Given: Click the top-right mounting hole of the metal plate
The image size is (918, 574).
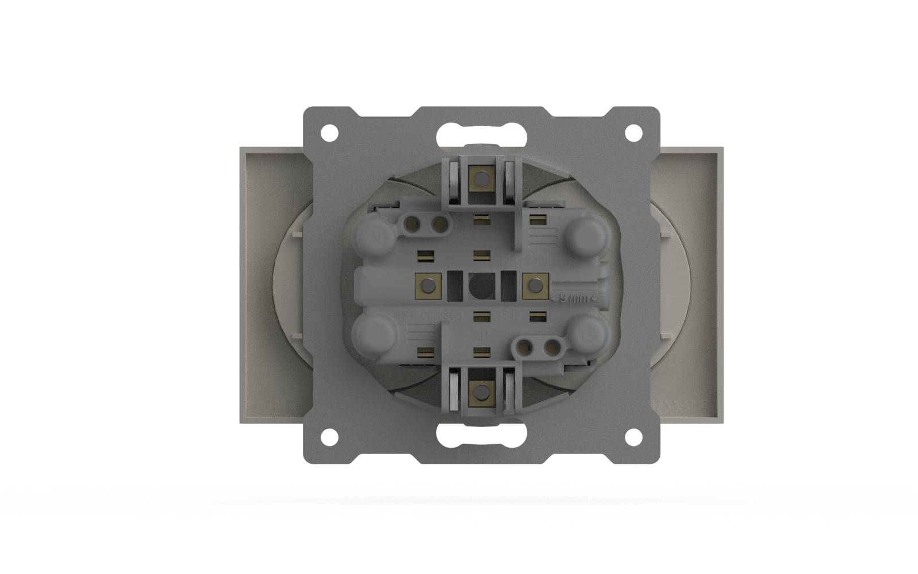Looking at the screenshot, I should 633,133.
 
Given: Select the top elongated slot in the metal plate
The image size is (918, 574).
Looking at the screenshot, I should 481,135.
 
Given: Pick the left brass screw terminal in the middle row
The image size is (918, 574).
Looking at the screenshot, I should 427,285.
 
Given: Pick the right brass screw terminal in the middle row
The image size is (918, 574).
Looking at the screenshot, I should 534,285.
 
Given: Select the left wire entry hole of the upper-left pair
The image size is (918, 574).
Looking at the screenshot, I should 412,223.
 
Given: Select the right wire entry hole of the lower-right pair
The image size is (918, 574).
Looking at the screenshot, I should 550,346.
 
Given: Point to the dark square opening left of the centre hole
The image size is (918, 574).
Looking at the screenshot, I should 453,285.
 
